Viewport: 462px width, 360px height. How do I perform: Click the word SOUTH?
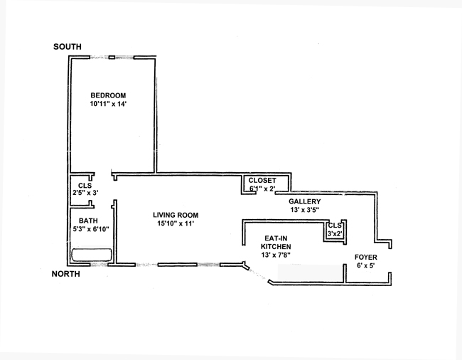pos(68,47)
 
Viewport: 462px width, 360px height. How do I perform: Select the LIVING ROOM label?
pos(176,215)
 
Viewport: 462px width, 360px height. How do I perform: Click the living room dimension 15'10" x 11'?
pos(176,223)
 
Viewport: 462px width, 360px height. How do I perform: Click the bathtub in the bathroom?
pos(91,255)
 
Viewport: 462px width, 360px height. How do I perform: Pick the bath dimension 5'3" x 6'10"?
pos(90,229)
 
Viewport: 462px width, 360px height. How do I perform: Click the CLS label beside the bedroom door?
pos(85,186)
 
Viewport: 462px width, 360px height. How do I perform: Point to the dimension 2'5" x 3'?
pos(85,193)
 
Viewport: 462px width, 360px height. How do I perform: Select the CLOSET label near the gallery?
pos(262,181)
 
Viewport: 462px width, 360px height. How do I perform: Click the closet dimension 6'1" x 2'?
pos(262,189)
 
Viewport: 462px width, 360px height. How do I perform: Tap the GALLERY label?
pos(304,201)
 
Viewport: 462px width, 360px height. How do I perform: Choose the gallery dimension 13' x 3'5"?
pos(304,210)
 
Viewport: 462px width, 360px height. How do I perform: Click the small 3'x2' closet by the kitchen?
pos(335,230)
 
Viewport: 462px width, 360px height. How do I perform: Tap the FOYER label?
pos(366,257)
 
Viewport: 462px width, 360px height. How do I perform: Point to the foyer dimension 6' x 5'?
pos(366,265)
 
